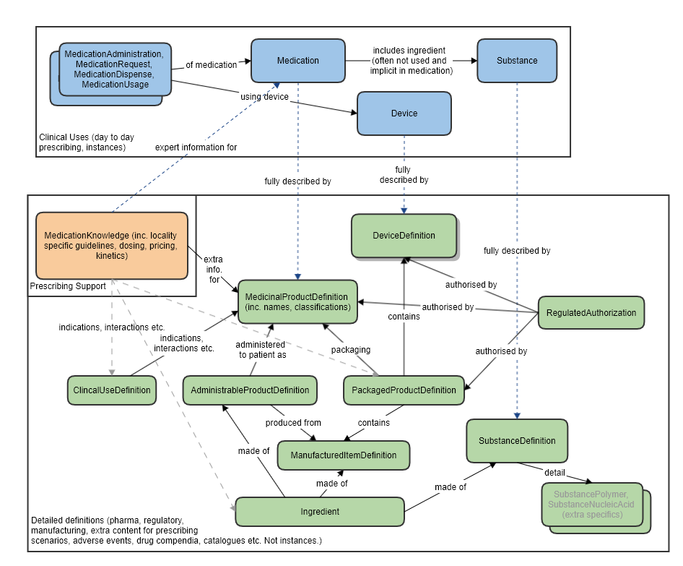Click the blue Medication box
(x=297, y=61)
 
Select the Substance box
(x=517, y=61)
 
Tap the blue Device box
(x=404, y=113)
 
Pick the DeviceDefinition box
(x=404, y=235)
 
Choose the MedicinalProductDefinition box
(x=297, y=301)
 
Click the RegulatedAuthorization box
(x=591, y=313)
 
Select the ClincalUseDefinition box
(x=112, y=390)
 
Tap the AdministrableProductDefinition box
(x=250, y=390)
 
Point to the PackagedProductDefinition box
(x=404, y=390)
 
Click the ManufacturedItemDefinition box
(x=343, y=455)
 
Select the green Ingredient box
(x=320, y=512)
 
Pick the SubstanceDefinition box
(x=517, y=441)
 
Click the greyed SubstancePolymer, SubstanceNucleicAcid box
(x=591, y=504)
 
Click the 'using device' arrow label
(x=264, y=97)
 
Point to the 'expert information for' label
(x=196, y=147)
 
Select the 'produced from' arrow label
(x=293, y=423)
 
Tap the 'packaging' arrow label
(x=351, y=350)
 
